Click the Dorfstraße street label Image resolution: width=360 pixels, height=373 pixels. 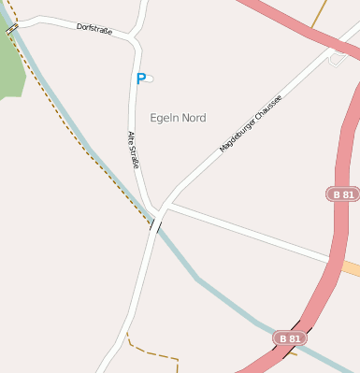pyautogui.click(x=94, y=30)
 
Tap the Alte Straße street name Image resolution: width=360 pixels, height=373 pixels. pyautogui.click(x=133, y=150)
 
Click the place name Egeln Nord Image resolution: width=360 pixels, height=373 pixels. pyautogui.click(x=178, y=118)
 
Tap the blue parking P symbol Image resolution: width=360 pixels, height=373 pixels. pyautogui.click(x=141, y=79)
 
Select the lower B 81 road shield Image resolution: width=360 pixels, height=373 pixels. pyautogui.click(x=289, y=336)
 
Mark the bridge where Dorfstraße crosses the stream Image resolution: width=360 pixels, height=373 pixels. pyautogui.click(x=12, y=30)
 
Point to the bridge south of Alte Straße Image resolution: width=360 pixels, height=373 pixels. pyautogui.click(x=155, y=224)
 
